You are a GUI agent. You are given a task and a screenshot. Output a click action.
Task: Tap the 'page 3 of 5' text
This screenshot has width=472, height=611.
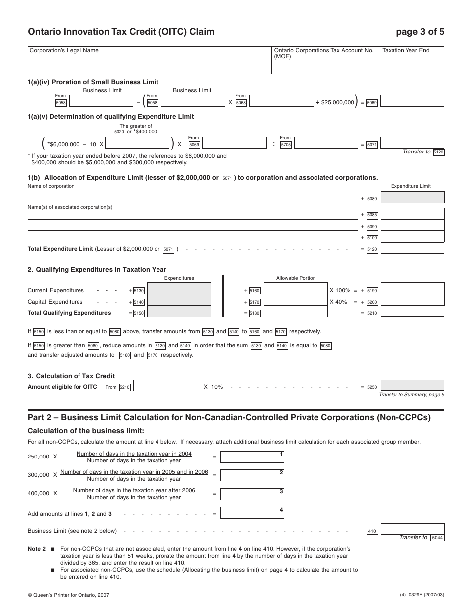pyautogui.click(x=420, y=32)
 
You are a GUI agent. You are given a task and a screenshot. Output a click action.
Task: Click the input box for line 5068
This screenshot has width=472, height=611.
pyautogui.click(x=281, y=101)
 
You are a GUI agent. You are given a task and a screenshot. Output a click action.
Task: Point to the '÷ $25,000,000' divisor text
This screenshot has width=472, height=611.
pyautogui.click(x=335, y=102)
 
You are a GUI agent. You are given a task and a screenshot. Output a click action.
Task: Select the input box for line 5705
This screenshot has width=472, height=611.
pyautogui.click(x=325, y=143)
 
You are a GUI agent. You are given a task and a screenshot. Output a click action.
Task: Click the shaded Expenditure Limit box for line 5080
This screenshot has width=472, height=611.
pyautogui.click(x=412, y=198)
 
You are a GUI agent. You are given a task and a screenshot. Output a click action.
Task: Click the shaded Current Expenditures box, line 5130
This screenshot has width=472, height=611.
pyautogui.click(x=179, y=289)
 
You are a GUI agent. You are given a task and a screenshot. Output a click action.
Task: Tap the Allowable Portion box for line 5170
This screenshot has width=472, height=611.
pyautogui.click(x=295, y=301)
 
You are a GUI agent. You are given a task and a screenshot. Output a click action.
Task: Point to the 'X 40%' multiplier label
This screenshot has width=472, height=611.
pyautogui.click(x=338, y=302)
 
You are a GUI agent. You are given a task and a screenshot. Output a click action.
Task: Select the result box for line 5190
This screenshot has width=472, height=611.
pyautogui.click(x=412, y=289)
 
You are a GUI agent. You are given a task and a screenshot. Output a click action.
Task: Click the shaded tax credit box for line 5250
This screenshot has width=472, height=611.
pyautogui.click(x=412, y=385)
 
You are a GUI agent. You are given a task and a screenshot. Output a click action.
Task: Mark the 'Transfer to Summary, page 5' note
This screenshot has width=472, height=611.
pyautogui.click(x=411, y=395)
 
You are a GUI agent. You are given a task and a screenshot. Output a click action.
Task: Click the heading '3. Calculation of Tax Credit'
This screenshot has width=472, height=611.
pyautogui.click(x=71, y=376)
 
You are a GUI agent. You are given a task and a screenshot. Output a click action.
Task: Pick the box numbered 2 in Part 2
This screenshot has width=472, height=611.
pyautogui.click(x=252, y=475)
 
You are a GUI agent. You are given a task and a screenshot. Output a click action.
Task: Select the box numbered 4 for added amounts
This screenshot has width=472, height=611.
pyautogui.click(x=252, y=512)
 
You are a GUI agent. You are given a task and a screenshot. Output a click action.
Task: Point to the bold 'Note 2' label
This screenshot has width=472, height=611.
pyautogui.click(x=37, y=549)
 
